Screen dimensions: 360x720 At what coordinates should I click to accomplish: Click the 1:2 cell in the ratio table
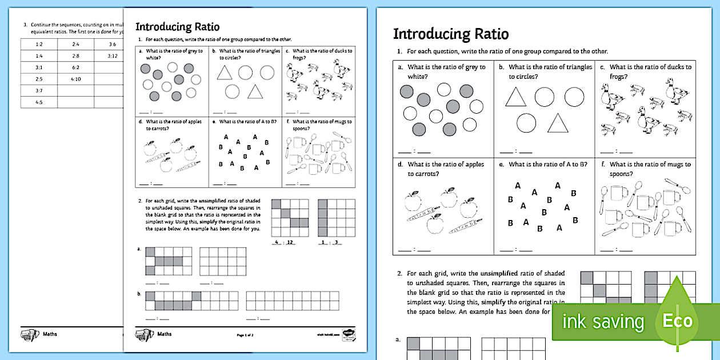(x=39, y=44)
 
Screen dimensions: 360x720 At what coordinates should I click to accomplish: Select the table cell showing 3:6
(x=112, y=44)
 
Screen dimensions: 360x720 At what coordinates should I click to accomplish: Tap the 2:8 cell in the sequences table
(x=75, y=56)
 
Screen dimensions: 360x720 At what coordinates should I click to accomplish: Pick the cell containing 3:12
(x=112, y=56)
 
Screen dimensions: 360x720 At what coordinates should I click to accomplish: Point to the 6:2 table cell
(x=75, y=67)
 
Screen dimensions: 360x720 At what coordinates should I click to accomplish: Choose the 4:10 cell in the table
(x=75, y=79)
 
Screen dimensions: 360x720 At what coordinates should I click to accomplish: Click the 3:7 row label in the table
(x=39, y=90)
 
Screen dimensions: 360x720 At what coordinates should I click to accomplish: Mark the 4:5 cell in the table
(x=39, y=102)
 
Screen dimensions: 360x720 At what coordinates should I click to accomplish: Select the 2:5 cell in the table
(x=39, y=79)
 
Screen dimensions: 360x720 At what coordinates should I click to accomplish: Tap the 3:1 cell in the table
(x=39, y=67)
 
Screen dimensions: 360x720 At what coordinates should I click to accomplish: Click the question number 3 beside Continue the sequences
(x=25, y=25)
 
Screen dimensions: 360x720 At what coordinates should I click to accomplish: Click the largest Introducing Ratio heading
(x=450, y=34)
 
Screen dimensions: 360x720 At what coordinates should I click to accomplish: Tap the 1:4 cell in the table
(x=39, y=56)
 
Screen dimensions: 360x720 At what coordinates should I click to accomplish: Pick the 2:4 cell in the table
(x=75, y=44)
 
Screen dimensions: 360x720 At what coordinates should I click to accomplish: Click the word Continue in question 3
(x=42, y=25)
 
